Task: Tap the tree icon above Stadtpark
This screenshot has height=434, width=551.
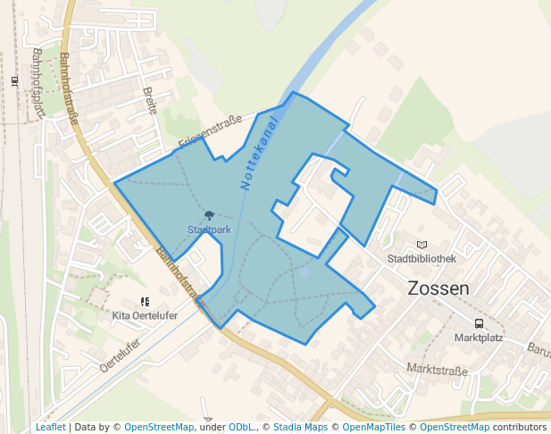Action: (x=208, y=215)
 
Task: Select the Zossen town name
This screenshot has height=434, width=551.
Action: (x=438, y=288)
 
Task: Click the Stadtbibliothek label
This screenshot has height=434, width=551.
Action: (x=422, y=259)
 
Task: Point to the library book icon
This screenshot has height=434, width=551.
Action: (x=422, y=245)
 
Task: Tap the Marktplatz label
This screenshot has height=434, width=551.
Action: (x=479, y=338)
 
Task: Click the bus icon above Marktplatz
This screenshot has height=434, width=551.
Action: (x=479, y=323)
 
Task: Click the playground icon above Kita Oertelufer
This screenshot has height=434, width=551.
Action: (x=145, y=302)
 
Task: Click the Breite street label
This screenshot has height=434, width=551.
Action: (x=150, y=100)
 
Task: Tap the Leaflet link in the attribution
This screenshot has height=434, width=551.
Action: (x=50, y=428)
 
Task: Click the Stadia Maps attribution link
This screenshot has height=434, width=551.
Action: (x=300, y=428)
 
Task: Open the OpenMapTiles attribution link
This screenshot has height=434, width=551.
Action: (x=372, y=428)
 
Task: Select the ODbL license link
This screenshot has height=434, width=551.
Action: (x=240, y=428)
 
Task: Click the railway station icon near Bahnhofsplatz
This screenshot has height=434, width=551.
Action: (x=14, y=80)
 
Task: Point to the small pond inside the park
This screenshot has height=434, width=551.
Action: (x=304, y=271)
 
